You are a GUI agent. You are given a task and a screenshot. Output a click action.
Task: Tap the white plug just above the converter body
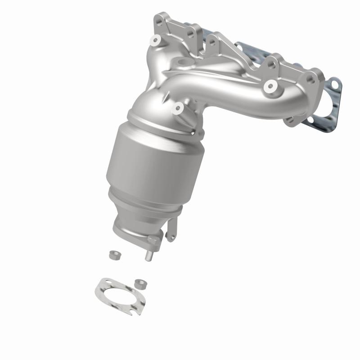[179, 108]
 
